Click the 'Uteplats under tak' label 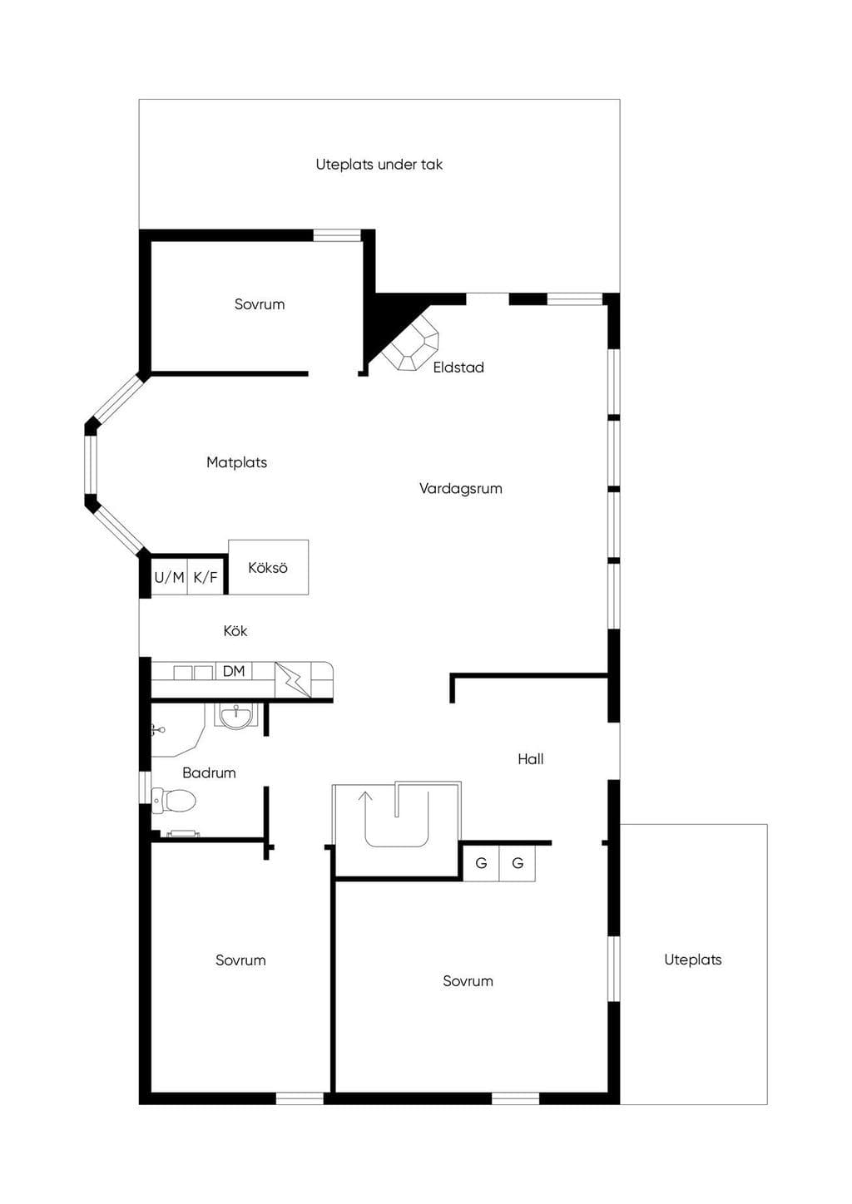point(379,165)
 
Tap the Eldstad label point(458,368)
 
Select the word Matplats point(236,462)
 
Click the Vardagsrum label point(460,489)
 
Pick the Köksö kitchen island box point(269,567)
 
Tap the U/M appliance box point(169,577)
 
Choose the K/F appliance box point(206,577)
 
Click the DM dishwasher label point(234,671)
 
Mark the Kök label point(235,631)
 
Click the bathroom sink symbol point(235,718)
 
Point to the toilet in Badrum point(173,801)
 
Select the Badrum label point(209,773)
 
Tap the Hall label point(530,759)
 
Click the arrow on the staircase point(366,804)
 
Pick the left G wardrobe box point(482,863)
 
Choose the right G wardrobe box point(518,863)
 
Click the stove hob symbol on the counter point(293,680)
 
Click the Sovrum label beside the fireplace point(260,304)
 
